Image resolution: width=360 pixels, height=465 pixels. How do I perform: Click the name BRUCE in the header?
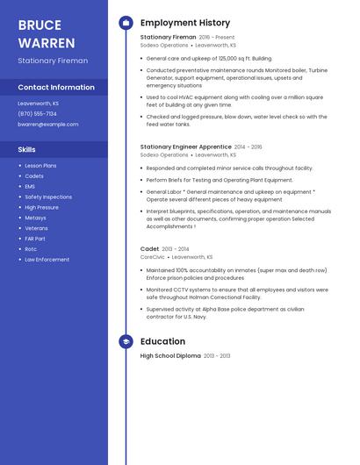pos(40,25)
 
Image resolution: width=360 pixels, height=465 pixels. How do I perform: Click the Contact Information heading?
pos(56,88)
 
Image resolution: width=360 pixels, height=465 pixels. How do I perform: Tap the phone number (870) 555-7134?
pos(37,114)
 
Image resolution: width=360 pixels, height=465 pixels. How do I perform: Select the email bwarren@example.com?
pos(48,125)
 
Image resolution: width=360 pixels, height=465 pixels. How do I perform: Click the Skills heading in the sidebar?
pos(26,150)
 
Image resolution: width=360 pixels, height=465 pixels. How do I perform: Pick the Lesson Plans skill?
pos(40,166)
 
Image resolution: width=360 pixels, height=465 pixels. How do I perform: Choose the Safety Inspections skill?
pos(48,197)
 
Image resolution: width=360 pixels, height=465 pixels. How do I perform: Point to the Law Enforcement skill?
pos(47,260)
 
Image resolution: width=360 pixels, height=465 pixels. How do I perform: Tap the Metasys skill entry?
pos(35,218)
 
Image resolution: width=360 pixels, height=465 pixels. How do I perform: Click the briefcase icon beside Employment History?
pos(126,23)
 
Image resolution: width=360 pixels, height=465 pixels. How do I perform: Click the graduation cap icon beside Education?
pos(126,341)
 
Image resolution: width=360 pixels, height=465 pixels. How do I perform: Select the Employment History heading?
pos(185,23)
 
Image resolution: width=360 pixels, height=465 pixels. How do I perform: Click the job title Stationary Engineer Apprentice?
pos(185,147)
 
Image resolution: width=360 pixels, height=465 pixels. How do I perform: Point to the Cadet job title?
pos(149,249)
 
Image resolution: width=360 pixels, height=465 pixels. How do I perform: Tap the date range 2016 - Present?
pos(217,38)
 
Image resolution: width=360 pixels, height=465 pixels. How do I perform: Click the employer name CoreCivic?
pos(152,257)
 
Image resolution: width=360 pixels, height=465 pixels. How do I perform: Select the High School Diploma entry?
pos(170,356)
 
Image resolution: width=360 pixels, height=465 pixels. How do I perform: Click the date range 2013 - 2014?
pos(176,249)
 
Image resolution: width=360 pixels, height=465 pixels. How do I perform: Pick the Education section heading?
pos(162,341)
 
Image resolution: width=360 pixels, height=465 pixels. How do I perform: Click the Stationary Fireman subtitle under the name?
pos(53,61)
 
